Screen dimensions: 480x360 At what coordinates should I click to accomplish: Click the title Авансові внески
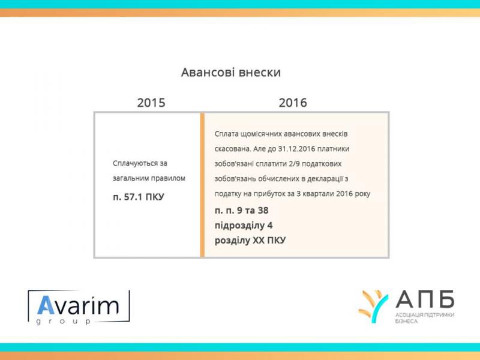click(x=231, y=73)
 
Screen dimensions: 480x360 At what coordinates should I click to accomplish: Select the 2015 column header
click(x=151, y=103)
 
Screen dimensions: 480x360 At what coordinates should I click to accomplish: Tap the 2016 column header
click(x=293, y=103)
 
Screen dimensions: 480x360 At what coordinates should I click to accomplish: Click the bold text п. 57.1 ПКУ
click(x=139, y=197)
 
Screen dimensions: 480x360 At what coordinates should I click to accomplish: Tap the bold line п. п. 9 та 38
click(x=242, y=211)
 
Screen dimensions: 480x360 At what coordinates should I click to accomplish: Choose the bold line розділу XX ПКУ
click(x=250, y=241)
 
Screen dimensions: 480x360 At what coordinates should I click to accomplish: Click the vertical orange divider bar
click(x=202, y=185)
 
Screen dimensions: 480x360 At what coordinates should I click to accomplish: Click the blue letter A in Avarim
click(x=46, y=305)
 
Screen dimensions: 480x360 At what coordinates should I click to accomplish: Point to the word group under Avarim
click(x=64, y=322)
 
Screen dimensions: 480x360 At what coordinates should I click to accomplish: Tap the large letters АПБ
click(x=425, y=299)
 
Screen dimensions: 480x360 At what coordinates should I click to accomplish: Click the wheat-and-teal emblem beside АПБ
click(x=373, y=306)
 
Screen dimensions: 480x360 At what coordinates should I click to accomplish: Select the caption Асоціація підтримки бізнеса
click(x=425, y=318)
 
